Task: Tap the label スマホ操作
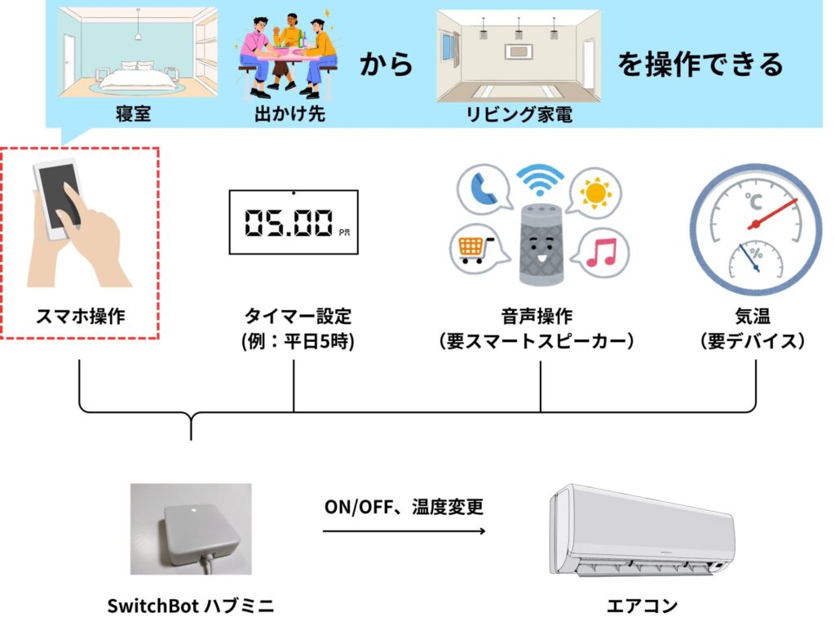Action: point(81,316)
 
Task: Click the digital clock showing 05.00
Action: point(294,222)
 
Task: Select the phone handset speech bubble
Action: point(483,190)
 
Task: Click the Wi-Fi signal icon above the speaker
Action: point(540,180)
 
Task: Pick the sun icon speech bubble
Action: point(595,193)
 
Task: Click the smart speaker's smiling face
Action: point(541,251)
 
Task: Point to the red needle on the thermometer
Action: point(772,214)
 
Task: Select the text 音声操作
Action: point(537,316)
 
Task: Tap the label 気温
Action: point(753,316)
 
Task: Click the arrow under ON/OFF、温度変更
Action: point(404,531)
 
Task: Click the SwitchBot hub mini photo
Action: point(191,529)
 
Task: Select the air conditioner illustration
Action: point(641,530)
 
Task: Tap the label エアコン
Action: point(642,606)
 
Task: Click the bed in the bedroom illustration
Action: point(138,78)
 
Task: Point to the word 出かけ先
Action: point(289,114)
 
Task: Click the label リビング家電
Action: point(519,114)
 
